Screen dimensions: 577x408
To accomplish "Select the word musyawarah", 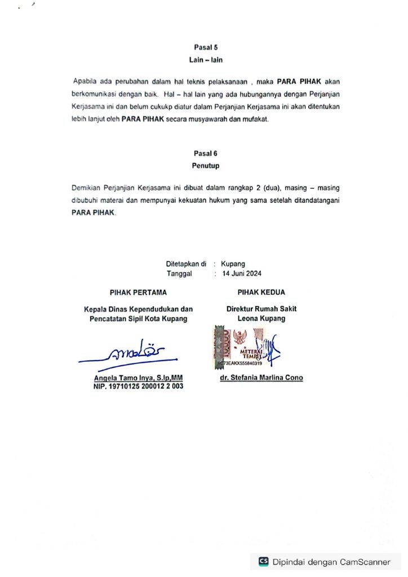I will pyautogui.click(x=214, y=119).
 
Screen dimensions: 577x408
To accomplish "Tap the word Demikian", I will pyautogui.click(x=88, y=187).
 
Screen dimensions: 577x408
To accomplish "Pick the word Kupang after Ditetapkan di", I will pyautogui.click(x=233, y=264).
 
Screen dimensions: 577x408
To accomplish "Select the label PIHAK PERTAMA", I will pyautogui.click(x=138, y=292).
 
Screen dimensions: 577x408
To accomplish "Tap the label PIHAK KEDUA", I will pyautogui.click(x=261, y=292).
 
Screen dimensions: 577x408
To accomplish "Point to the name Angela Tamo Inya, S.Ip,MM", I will pyautogui.click(x=138, y=378).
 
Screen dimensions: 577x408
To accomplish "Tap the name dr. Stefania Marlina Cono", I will pyautogui.click(x=261, y=378).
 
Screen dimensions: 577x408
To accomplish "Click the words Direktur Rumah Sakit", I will pyautogui.click(x=261, y=309).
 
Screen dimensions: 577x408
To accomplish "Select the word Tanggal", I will pyautogui.click(x=179, y=274).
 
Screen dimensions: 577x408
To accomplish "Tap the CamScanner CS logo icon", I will pyautogui.click(x=264, y=561).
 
